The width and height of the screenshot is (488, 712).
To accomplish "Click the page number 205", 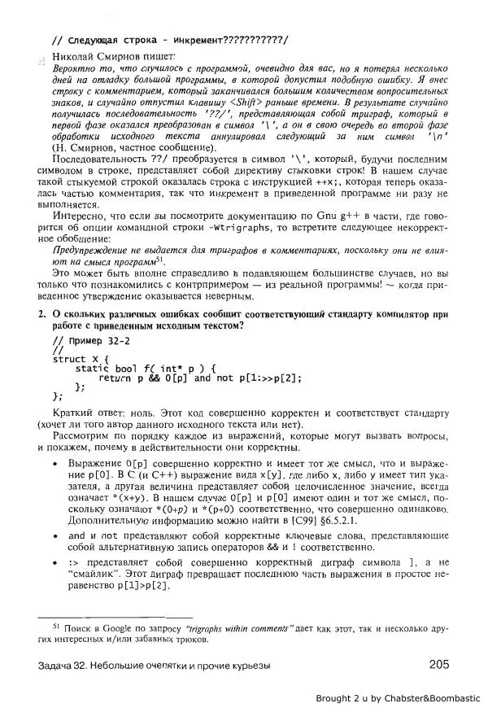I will [x=438, y=664].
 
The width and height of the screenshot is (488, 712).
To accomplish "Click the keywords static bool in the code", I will [x=107, y=369].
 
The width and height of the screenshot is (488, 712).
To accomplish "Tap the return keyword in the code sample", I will [x=115, y=378].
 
